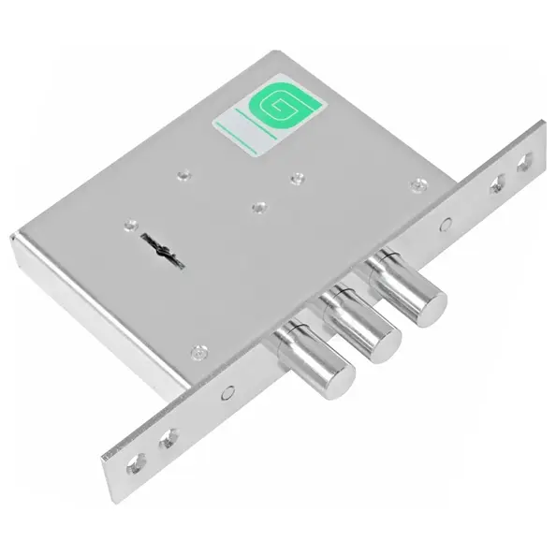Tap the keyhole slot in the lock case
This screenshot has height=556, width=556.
point(164,250)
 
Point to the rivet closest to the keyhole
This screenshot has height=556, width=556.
point(132,225)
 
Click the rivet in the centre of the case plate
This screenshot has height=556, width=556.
point(259,207)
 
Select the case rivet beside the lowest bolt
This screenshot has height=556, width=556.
point(199,352)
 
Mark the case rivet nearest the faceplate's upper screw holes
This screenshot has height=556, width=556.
point(419,184)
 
